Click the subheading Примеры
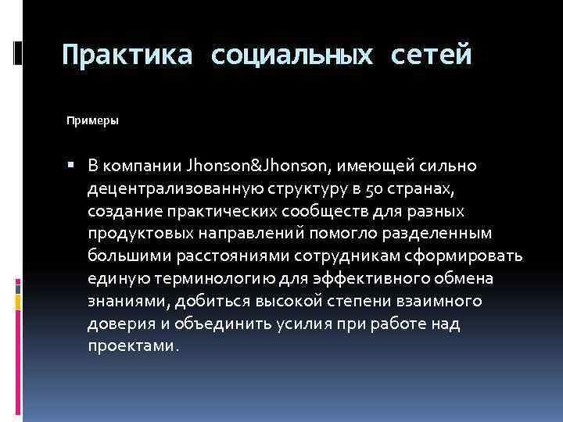(92, 121)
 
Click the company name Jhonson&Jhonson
(260, 166)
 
